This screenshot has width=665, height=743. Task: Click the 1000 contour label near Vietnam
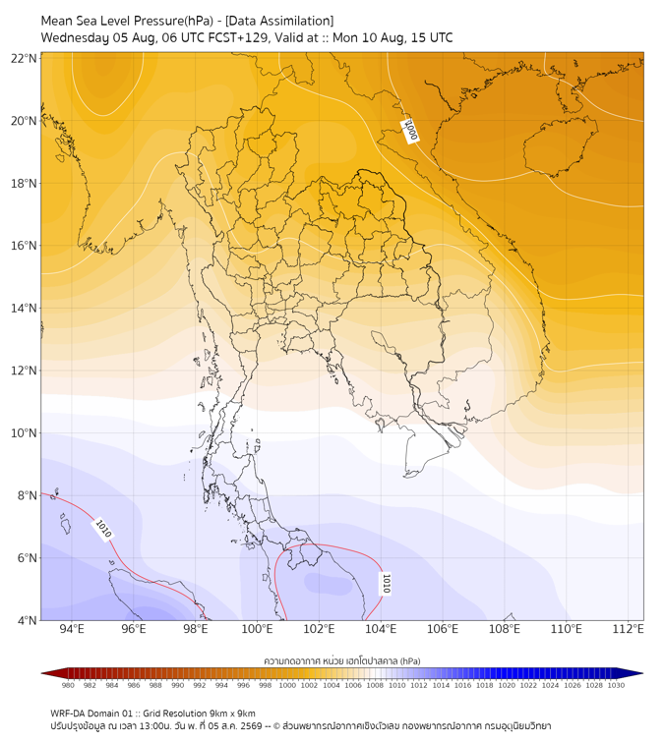click(x=409, y=131)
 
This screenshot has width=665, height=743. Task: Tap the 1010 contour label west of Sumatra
click(x=103, y=529)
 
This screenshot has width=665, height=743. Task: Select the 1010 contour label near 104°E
click(x=386, y=584)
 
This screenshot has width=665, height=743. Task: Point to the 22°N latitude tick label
click(x=24, y=58)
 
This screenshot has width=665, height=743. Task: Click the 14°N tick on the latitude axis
click(x=24, y=308)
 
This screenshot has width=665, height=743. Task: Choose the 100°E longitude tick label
click(x=257, y=629)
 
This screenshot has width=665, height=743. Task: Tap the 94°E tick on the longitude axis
click(x=72, y=629)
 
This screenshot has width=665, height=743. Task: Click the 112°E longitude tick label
click(x=628, y=629)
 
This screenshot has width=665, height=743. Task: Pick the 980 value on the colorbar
click(x=68, y=685)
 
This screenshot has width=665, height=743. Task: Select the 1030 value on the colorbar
click(x=616, y=685)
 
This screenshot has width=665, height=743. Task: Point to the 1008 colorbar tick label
click(x=375, y=685)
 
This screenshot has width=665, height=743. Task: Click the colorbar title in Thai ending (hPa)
click(x=342, y=660)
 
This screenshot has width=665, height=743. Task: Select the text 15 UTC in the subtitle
click(x=432, y=37)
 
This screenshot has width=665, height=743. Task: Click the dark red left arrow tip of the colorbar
click(x=42, y=673)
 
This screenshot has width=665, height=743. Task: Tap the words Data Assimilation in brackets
click(x=279, y=21)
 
